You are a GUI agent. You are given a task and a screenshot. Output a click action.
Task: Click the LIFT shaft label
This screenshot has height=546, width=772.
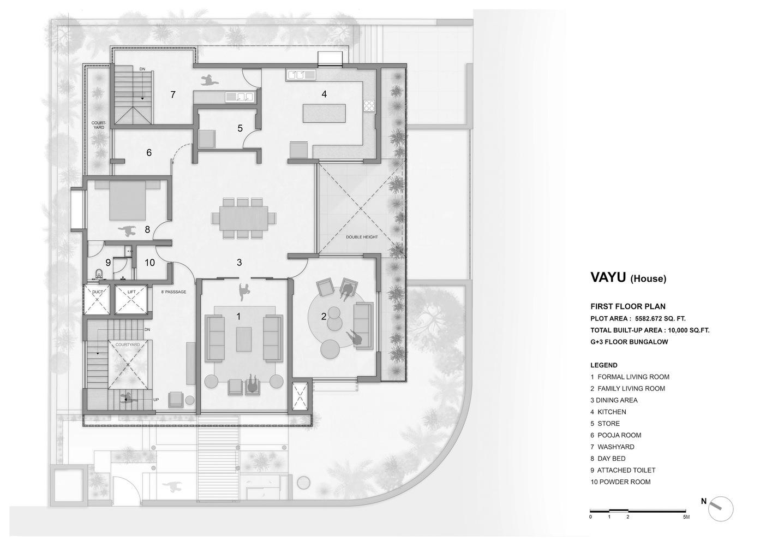tap(131, 292)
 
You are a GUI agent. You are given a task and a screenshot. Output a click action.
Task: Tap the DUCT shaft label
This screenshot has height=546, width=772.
tap(98, 292)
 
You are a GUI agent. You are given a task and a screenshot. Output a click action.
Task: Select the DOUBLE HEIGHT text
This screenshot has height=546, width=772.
tap(362, 237)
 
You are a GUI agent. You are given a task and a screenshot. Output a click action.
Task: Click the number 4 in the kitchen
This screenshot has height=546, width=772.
tap(324, 94)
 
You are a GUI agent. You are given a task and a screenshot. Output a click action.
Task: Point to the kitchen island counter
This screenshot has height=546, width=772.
tap(324, 113)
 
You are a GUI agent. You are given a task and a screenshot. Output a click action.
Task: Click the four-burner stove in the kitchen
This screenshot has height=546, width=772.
tap(369, 105)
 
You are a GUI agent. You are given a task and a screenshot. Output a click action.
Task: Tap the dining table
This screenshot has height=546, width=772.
tap(244, 218)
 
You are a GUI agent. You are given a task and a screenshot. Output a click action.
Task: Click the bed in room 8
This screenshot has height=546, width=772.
tap(128, 201)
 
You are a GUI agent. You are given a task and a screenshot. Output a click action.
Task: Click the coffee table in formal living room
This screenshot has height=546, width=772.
tap(244, 339)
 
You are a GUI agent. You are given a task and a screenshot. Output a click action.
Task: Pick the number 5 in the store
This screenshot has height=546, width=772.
tap(240, 128)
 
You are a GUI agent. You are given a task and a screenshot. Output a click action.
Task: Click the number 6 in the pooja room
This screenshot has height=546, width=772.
tap(149, 152)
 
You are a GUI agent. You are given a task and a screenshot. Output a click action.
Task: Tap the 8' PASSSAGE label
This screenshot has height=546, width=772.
tap(173, 292)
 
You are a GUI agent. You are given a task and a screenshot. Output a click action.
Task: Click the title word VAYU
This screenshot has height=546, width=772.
tap(608, 277)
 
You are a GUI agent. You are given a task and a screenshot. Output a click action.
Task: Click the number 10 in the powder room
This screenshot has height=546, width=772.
tap(149, 263)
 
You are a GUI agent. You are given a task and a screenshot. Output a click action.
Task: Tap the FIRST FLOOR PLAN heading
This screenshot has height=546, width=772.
tap(628, 306)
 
